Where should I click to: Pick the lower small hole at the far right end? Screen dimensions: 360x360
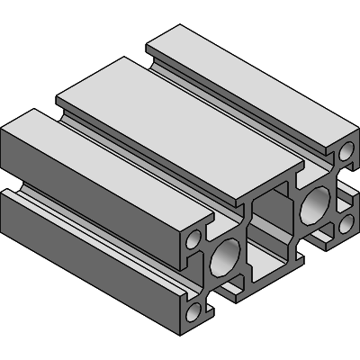(x=344, y=221)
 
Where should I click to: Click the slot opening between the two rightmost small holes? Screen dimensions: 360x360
(x=347, y=187)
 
